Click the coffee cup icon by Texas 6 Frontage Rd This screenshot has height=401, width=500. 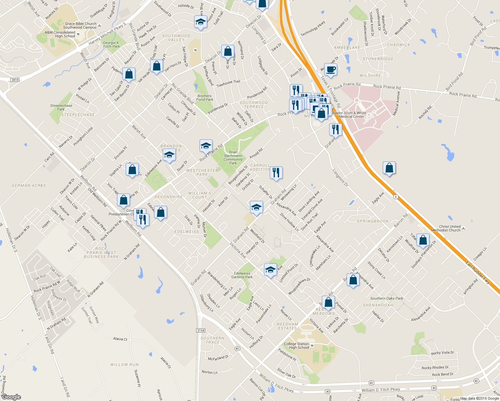[x=331, y=70]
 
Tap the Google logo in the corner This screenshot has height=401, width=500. [x=11, y=397]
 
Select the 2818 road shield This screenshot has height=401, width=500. [x=15, y=80]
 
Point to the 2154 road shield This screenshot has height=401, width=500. [x=201, y=330]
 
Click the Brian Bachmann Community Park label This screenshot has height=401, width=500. [x=233, y=157]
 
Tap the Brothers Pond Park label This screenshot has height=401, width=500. [x=205, y=98]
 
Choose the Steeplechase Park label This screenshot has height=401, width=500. [x=61, y=107]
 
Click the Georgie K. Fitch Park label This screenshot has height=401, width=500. [x=111, y=44]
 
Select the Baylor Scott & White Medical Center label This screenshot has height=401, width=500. [x=350, y=115]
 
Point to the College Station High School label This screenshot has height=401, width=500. [x=296, y=346]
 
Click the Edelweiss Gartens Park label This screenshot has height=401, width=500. [x=242, y=275]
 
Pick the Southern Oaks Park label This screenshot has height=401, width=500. [x=386, y=298]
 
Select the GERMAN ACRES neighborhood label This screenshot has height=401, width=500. [x=29, y=185]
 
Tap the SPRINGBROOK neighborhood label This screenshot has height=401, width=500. [x=373, y=221]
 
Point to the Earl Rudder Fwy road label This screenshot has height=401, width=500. [x=478, y=273]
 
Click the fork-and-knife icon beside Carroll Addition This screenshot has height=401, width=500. [x=276, y=173]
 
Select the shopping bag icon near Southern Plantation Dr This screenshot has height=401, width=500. [x=423, y=240]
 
